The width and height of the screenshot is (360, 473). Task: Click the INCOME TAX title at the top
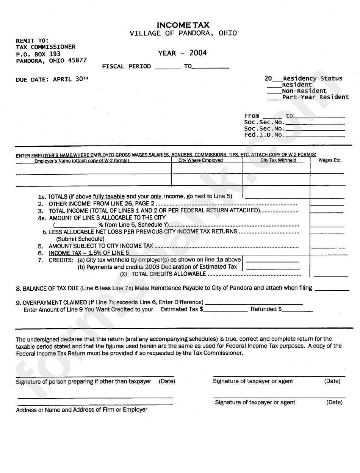click(x=183, y=25)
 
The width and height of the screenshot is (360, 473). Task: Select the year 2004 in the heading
click(x=198, y=53)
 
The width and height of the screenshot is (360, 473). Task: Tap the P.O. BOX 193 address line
click(x=38, y=54)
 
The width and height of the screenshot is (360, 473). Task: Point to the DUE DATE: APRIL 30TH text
click(x=52, y=79)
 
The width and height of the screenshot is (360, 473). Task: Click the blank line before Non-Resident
click(x=274, y=91)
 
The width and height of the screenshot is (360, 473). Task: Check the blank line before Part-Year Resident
click(x=274, y=97)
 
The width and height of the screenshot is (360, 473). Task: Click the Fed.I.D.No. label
click(x=263, y=135)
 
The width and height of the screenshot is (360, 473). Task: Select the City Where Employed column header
click(x=200, y=160)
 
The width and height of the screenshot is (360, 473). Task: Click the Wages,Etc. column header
click(x=330, y=160)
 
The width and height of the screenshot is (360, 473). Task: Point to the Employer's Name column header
click(x=81, y=161)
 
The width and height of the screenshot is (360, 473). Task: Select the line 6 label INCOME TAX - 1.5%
click(x=89, y=253)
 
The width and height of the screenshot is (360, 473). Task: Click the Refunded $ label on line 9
click(x=266, y=309)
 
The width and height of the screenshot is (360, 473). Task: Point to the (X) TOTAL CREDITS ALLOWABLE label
click(x=163, y=274)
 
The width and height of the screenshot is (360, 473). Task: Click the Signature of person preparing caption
click(x=83, y=382)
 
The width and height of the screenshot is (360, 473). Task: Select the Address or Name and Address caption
click(x=81, y=410)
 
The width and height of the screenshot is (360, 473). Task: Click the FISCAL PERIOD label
click(x=126, y=66)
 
